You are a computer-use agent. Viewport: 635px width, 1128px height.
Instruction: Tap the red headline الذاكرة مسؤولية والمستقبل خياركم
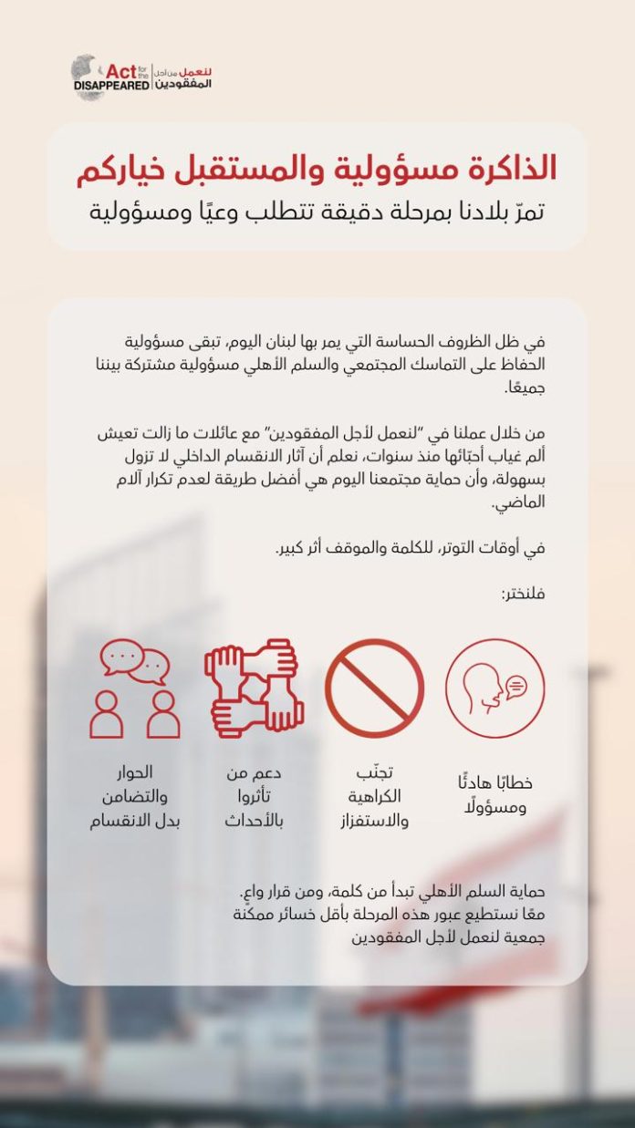(x=317, y=168)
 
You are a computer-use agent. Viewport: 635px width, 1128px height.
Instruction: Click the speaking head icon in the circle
(x=494, y=688)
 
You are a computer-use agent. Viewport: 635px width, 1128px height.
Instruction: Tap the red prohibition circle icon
(x=375, y=688)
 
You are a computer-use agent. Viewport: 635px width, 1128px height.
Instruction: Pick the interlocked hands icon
(x=255, y=688)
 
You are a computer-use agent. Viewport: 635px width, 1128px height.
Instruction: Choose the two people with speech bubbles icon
(x=135, y=688)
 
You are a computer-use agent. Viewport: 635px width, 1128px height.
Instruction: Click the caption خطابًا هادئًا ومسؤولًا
(x=494, y=795)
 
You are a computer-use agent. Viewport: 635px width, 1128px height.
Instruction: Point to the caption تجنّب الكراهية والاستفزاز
(x=374, y=795)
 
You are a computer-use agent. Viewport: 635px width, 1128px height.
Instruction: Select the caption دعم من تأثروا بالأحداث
(x=255, y=795)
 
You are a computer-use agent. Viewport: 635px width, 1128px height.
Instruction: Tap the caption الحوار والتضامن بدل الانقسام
(x=135, y=795)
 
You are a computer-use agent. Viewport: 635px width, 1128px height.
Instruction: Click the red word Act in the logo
(x=120, y=70)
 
